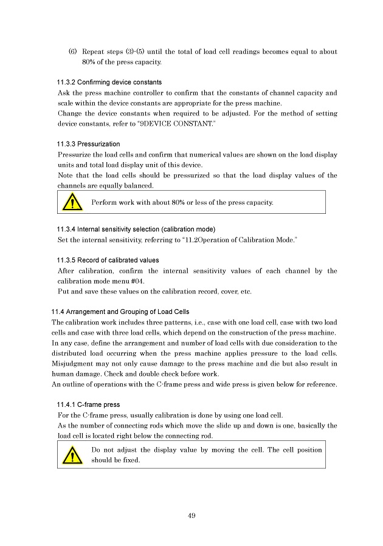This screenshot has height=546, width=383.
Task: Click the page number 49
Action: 191,516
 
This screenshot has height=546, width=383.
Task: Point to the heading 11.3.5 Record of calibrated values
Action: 108,260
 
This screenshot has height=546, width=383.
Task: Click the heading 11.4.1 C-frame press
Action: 88,404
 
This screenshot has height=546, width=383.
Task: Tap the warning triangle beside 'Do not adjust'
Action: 72,454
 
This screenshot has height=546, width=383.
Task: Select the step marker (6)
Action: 72,52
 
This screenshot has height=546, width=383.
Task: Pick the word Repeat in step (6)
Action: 94,52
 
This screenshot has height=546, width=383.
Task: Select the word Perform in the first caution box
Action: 104,202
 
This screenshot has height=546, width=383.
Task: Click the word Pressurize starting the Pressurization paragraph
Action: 76,155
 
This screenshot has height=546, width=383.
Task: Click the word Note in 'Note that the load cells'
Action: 65,176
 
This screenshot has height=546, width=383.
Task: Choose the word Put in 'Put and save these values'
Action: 63,292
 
